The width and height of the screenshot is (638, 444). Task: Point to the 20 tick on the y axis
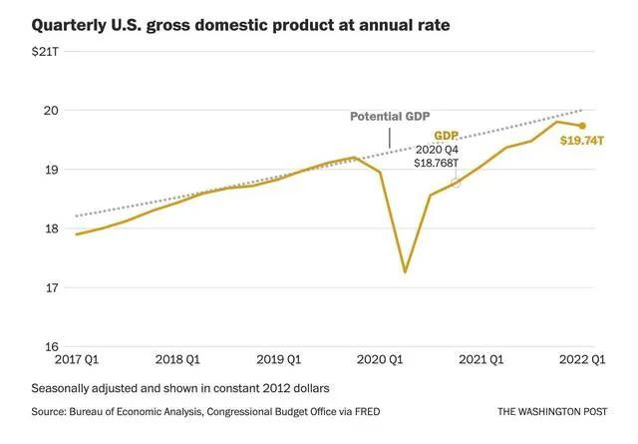[51, 111]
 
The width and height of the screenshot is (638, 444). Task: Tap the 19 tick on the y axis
[51, 170]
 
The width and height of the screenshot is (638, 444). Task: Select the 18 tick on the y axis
[51, 228]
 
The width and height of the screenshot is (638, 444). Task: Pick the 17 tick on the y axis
[51, 287]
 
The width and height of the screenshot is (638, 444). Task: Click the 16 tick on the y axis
[51, 346]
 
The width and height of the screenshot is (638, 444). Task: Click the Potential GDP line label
[390, 117]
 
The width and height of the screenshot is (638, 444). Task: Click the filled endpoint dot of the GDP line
[582, 126]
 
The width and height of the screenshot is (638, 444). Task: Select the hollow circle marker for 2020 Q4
[456, 183]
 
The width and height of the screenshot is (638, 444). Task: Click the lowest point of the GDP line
[404, 271]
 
